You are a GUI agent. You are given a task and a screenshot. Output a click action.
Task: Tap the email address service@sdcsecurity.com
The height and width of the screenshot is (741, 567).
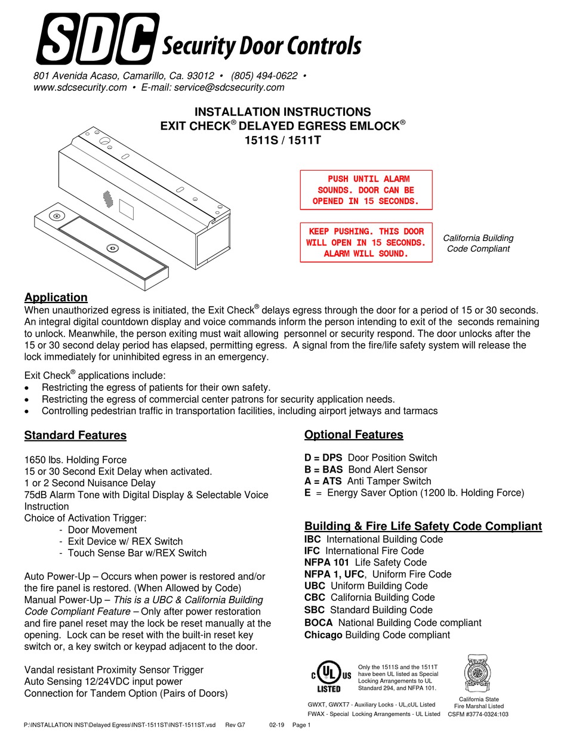pos(227,88)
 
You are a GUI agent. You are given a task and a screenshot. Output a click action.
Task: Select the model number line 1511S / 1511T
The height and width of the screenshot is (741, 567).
pos(283,140)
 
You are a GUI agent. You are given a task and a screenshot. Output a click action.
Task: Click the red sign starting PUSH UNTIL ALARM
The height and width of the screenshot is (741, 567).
pos(365,190)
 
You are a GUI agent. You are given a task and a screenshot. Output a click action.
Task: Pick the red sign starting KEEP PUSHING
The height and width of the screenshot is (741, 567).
pos(365,242)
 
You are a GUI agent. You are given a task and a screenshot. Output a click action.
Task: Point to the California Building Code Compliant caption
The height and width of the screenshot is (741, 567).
pos(478,243)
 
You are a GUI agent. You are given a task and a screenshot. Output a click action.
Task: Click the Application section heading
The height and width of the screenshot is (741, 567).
pos(56,297)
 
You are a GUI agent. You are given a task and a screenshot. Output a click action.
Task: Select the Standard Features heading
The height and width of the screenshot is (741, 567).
pos(75,435)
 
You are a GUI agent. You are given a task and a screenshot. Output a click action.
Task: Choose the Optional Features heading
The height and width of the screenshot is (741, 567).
pos(353,434)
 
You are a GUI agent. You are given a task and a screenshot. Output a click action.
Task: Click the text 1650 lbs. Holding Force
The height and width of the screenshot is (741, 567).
pos(75,460)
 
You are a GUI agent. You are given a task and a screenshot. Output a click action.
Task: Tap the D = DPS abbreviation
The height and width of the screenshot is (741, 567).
pos(323,458)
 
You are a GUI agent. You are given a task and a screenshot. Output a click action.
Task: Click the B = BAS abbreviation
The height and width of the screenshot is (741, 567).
pos(323,470)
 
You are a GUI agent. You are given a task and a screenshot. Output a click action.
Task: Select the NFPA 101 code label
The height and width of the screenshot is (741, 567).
pos(326,562)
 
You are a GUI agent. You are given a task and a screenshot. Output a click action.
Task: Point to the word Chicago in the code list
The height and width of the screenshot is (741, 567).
pos(323,635)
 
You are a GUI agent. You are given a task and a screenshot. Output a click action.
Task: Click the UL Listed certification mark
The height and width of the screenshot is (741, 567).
pos(329,676)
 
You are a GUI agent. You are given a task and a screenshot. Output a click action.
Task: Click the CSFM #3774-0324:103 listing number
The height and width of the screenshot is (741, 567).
pos(478,714)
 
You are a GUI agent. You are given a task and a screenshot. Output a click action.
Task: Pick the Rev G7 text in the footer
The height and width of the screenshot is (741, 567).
pos(235,724)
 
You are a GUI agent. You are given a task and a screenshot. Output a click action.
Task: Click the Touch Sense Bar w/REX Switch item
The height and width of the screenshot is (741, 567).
pos(137,553)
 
